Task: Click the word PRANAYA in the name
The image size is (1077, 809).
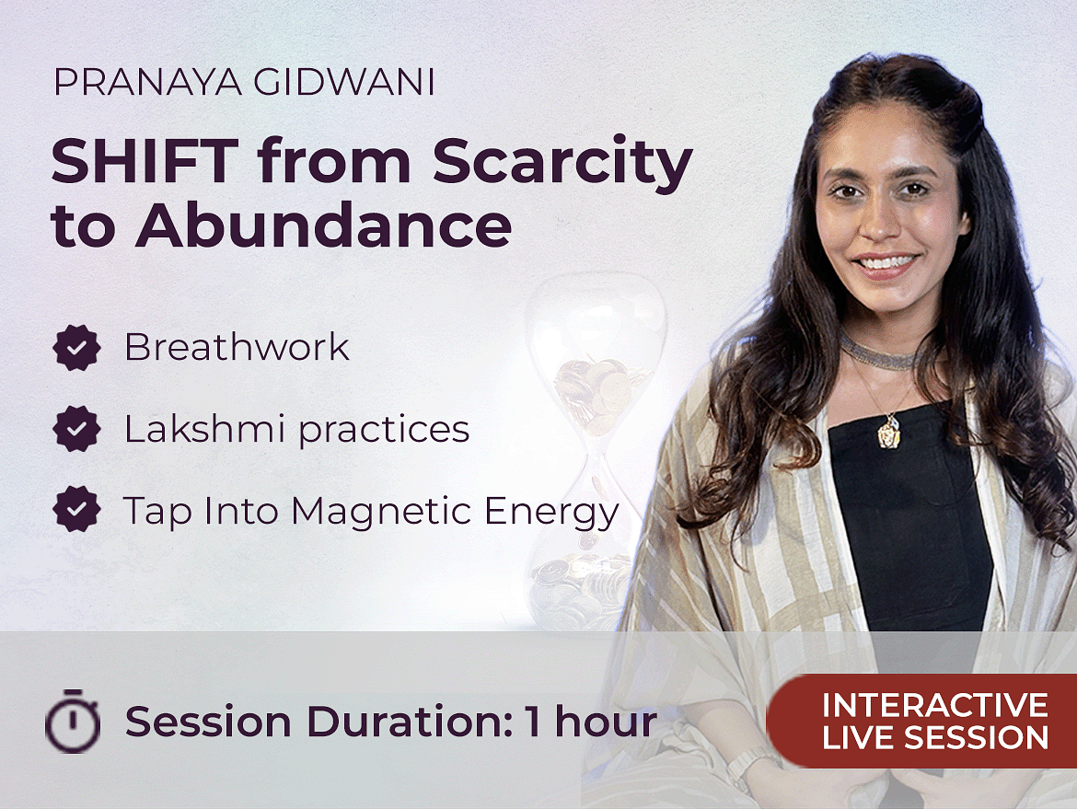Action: click(x=147, y=83)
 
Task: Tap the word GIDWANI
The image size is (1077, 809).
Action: click(x=344, y=83)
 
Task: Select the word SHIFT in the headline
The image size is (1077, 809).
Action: click(x=145, y=161)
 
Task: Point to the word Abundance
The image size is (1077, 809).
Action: click(x=323, y=225)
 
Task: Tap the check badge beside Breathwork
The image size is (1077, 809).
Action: click(x=77, y=348)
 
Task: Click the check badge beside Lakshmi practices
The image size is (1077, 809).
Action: click(x=77, y=429)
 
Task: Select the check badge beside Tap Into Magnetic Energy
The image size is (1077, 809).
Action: click(x=77, y=510)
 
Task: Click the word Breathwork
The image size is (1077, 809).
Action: click(x=237, y=346)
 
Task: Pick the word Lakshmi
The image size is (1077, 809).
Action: click(x=204, y=428)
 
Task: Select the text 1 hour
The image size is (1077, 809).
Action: click(x=591, y=722)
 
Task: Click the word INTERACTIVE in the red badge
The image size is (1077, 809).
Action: click(x=935, y=705)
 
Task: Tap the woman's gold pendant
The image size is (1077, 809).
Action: click(x=889, y=431)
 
